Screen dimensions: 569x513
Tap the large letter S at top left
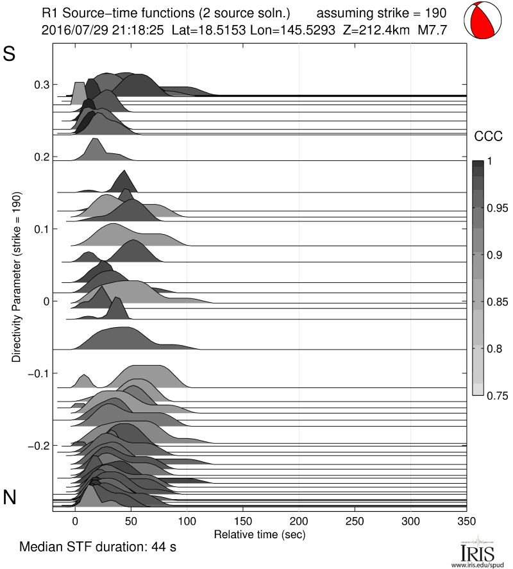(x=10, y=54)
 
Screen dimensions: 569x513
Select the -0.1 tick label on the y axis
(x=39, y=373)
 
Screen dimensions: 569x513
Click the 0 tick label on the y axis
(x=46, y=301)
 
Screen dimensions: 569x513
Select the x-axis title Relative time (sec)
(x=259, y=534)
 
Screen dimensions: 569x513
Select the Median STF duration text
(x=98, y=547)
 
